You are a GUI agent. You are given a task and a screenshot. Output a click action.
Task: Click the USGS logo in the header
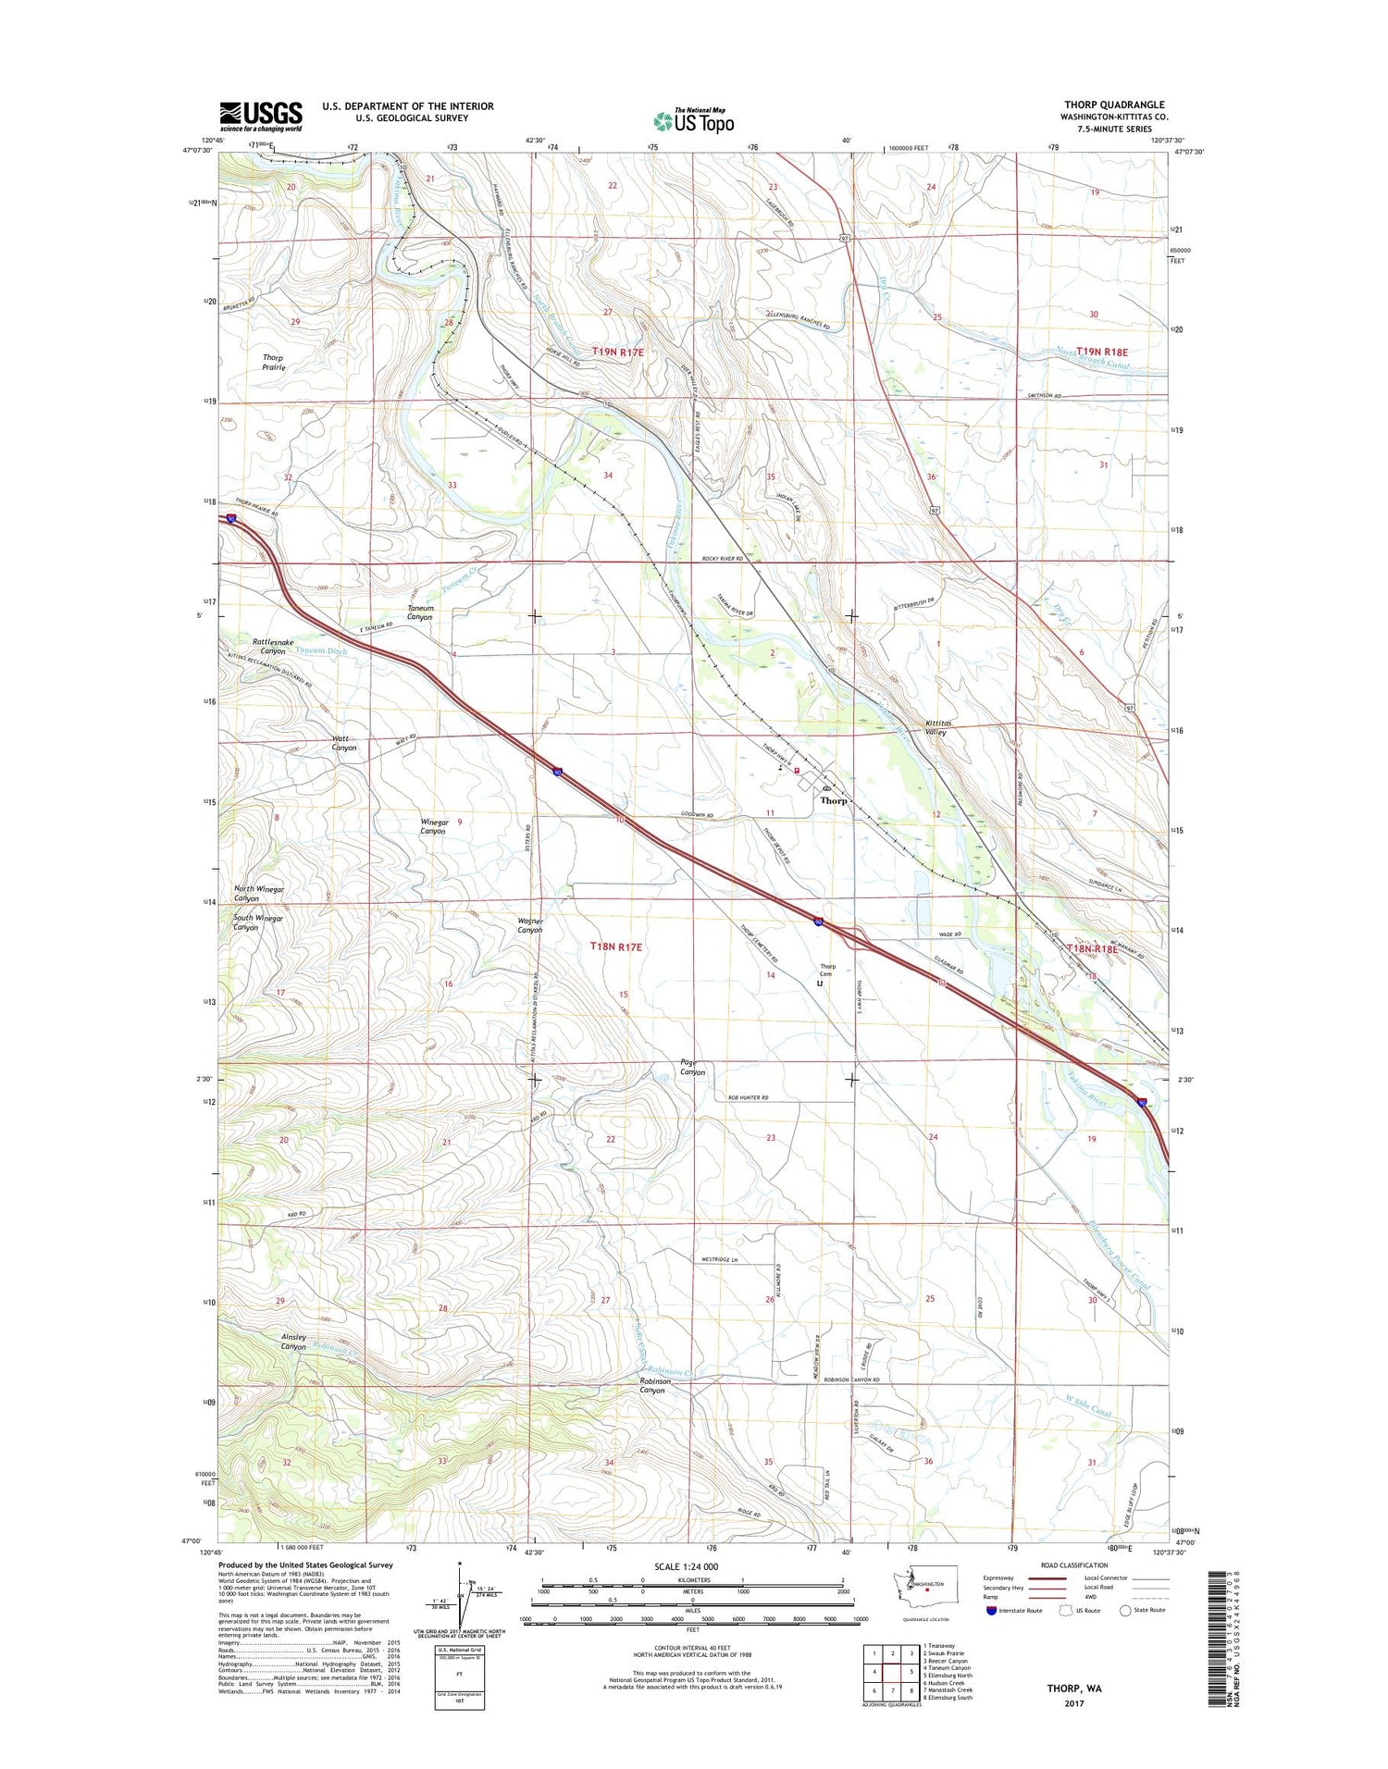[260, 116]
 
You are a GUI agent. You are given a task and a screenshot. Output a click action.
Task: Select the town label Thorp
[834, 801]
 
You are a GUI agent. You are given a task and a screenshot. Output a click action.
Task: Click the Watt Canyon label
[343, 742]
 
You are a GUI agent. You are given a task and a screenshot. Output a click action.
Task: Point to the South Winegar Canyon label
[257, 922]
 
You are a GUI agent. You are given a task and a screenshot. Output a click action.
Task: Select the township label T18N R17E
[616, 946]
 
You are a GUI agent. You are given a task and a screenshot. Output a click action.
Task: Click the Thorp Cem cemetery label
[825, 970]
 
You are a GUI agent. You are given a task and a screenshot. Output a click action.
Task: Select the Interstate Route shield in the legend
[993, 1611]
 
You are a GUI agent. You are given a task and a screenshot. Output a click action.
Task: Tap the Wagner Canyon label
[529, 925]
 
